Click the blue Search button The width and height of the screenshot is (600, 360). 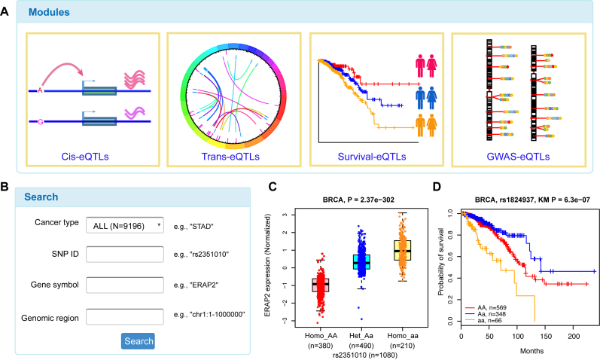pos(138,340)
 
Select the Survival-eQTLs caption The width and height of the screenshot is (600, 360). pos(373,157)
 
